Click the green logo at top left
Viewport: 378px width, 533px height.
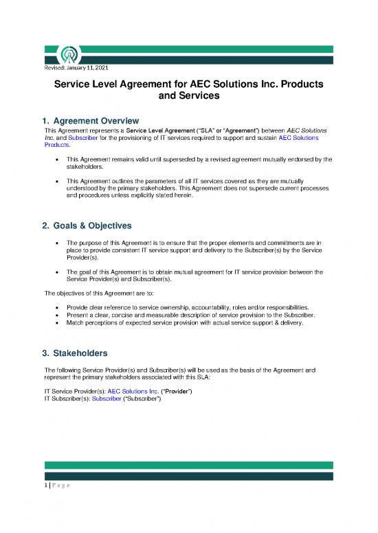pyautogui.click(x=56, y=56)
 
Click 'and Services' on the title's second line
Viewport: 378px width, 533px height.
pyautogui.click(x=188, y=97)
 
